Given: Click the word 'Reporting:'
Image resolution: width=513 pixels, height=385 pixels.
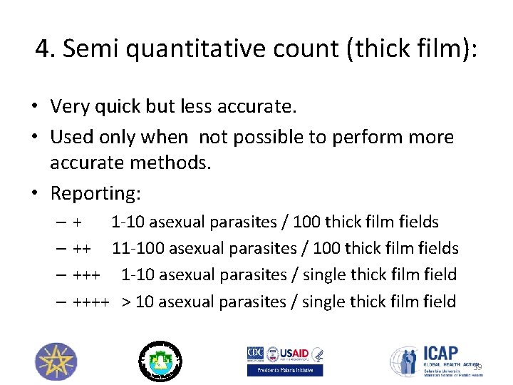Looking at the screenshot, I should point(96,193).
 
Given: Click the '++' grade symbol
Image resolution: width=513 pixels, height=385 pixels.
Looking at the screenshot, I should point(81,249).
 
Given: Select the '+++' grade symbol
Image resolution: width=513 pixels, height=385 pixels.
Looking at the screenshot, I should point(85,275).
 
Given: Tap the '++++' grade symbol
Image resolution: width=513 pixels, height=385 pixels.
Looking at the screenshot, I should point(90,302).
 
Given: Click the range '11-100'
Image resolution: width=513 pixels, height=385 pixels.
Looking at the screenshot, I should point(136,249).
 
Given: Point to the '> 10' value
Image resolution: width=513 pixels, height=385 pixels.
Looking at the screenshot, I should point(137,302).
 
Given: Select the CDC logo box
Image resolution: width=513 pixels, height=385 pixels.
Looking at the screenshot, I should point(255,354).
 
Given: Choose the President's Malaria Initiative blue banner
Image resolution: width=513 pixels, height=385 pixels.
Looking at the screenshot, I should point(285,370).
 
